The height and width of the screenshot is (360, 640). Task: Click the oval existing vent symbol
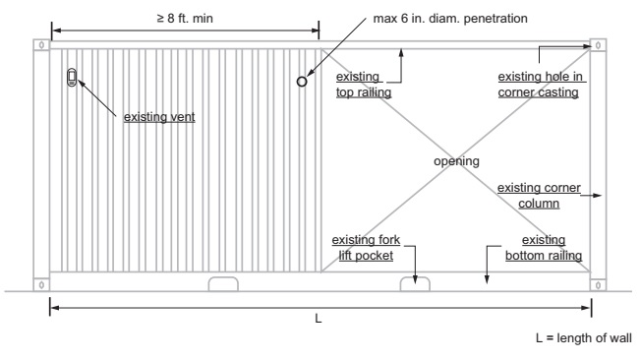pos(71,77)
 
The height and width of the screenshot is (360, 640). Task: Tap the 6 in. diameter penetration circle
pos(302,82)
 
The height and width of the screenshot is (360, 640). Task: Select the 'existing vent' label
pos(159,117)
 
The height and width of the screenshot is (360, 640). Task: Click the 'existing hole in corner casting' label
pos(537,84)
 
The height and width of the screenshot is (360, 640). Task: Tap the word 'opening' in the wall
pos(456,160)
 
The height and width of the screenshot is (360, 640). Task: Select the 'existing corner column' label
pos(540,195)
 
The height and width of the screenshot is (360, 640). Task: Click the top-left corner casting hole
pos(40,45)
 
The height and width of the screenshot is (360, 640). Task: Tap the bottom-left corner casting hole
pos(40,284)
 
